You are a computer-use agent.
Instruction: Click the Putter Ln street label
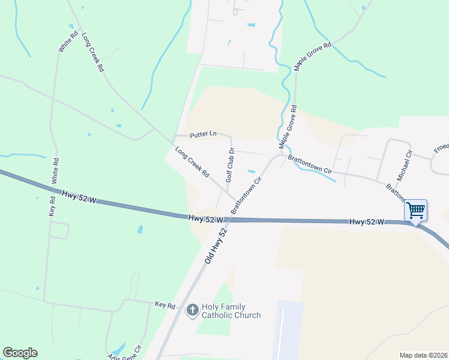point(203,134)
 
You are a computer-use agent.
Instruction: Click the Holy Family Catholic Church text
point(231,311)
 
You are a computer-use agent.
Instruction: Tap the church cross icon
point(192,310)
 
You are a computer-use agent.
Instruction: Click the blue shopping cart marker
point(415,211)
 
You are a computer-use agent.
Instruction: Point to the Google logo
point(20,353)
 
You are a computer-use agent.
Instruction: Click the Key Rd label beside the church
point(164,305)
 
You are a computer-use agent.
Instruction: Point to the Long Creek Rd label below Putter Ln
point(192,162)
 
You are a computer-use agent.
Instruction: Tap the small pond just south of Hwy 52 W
point(140,229)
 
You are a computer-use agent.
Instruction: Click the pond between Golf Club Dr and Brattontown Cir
point(251,170)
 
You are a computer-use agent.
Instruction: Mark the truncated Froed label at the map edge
point(441,148)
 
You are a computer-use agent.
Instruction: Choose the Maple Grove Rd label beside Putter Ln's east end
point(288,127)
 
